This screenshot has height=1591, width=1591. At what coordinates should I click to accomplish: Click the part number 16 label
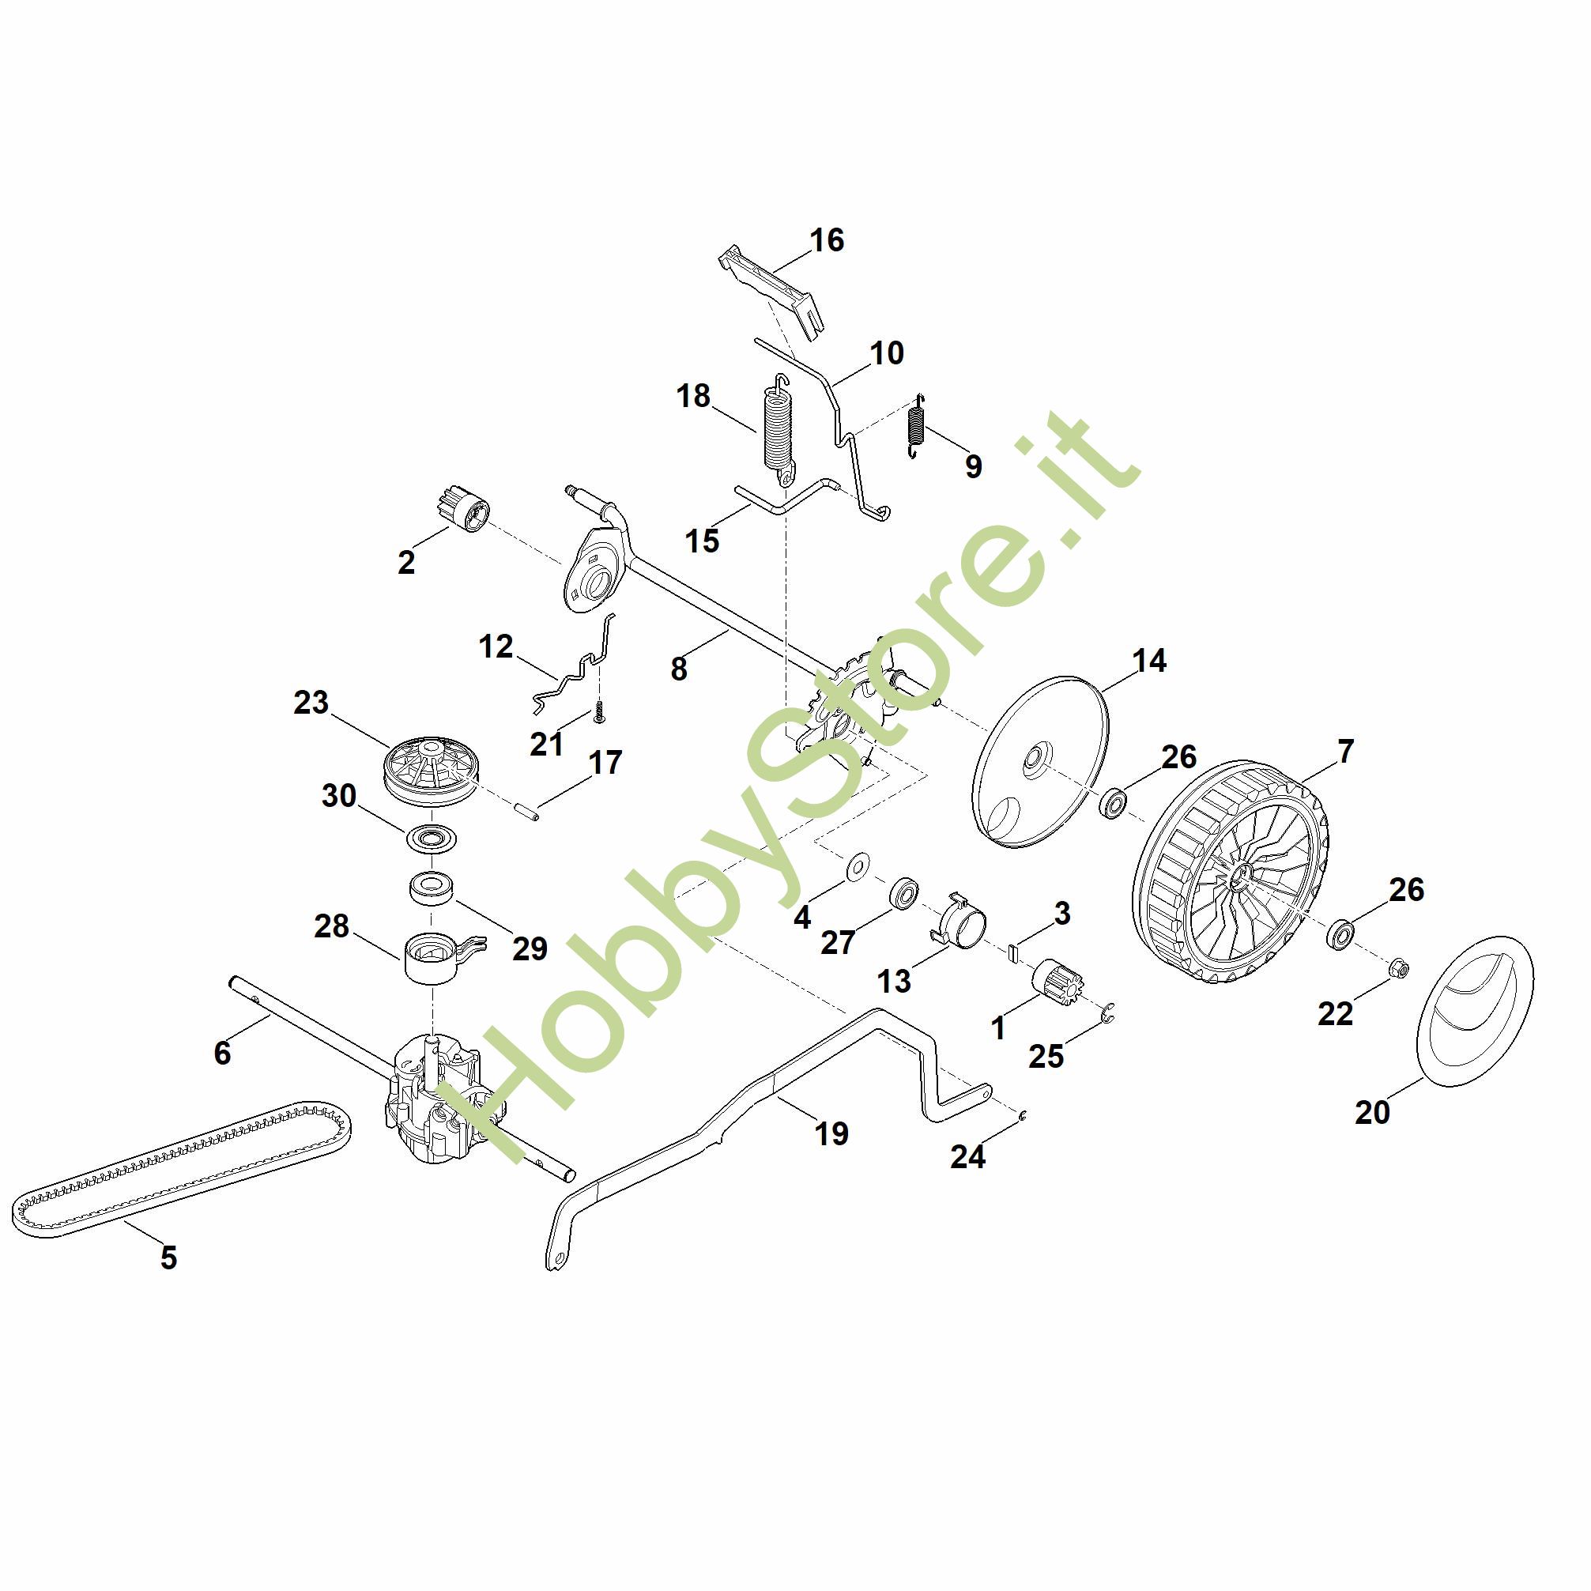pos(827,240)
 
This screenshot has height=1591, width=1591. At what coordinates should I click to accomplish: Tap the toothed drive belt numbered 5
pos(181,1171)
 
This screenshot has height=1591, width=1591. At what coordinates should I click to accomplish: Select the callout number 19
pos(831,1134)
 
